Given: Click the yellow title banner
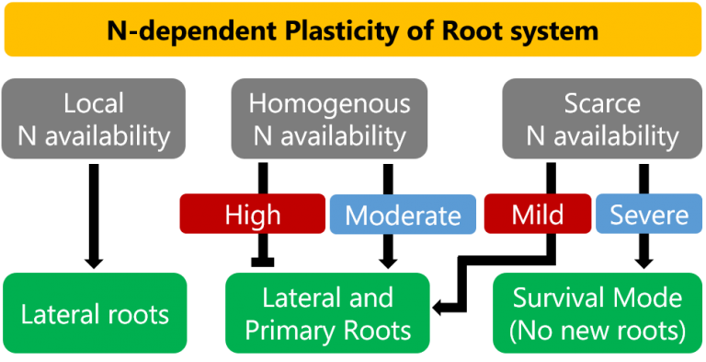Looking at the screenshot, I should coord(352,30).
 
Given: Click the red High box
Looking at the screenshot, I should coord(253,215).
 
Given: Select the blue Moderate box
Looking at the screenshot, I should coord(403,216).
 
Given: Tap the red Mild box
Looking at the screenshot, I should coord(538,215).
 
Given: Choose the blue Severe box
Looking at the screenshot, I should coord(649,215).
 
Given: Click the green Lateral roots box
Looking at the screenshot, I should coord(95,314).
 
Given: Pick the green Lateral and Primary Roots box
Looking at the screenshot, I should coord(327,313).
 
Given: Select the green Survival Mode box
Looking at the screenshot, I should coord(598,313).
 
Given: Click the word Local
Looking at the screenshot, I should coord(94,103).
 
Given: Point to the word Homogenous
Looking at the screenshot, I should coord(329,103).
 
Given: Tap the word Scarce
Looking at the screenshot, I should coord(602,103).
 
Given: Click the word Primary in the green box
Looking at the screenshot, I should coord(293,330).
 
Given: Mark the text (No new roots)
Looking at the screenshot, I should coord(598,330).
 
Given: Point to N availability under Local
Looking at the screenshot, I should coord(94,137).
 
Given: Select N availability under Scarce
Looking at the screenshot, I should coord(602,137).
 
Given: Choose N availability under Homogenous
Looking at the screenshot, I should coord(329,137).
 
